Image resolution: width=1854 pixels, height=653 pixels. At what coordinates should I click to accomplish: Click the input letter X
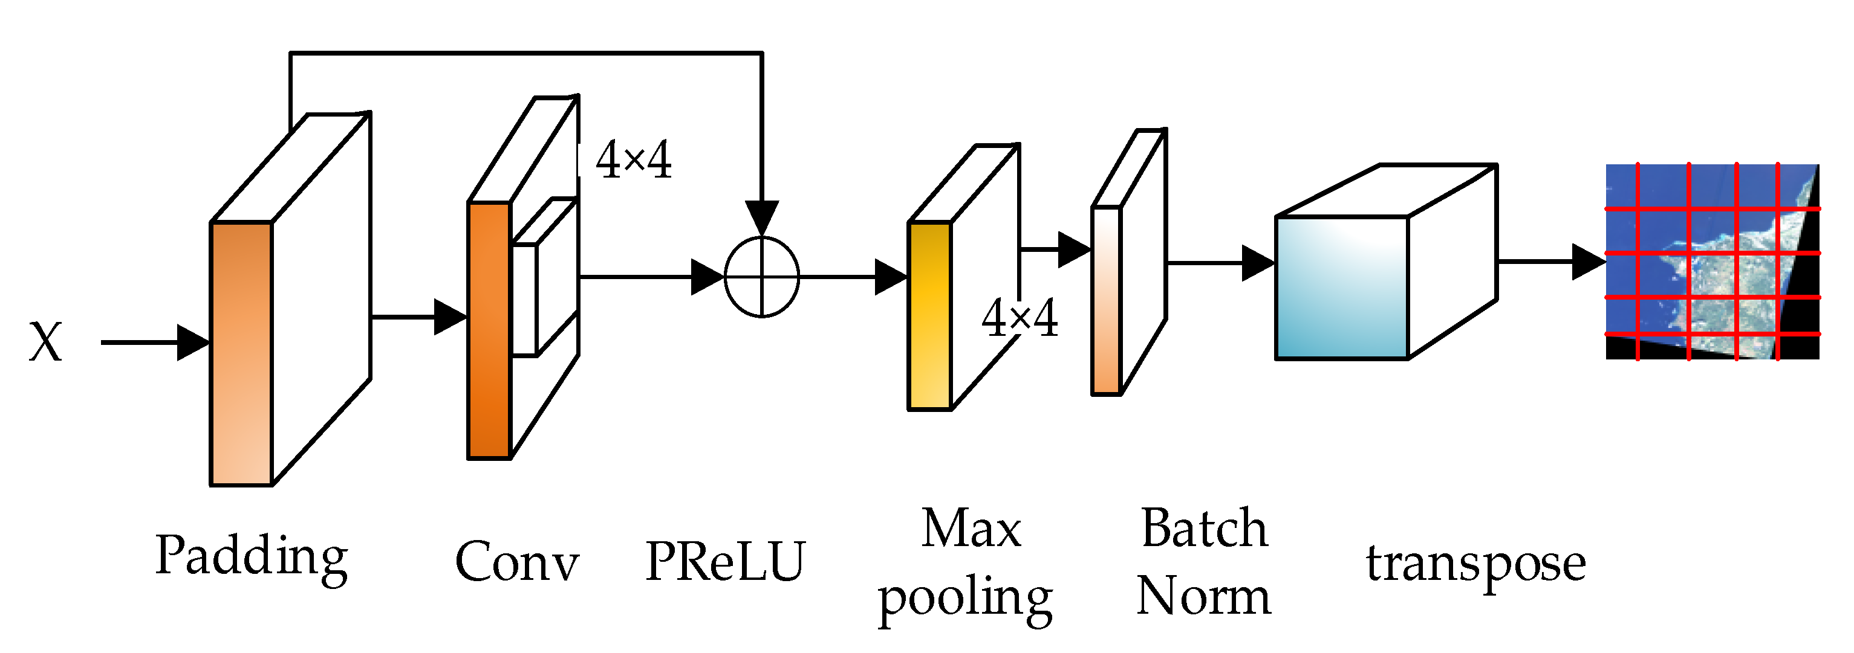click(x=45, y=343)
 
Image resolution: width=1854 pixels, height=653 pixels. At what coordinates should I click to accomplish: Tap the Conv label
click(x=517, y=562)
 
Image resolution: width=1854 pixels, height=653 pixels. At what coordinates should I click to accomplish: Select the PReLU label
click(x=725, y=562)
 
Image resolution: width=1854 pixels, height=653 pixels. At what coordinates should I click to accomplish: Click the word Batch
click(x=1204, y=529)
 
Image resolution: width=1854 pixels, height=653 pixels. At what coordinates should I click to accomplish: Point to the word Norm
click(x=1204, y=596)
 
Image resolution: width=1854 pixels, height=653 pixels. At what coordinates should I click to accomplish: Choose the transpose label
click(x=1476, y=563)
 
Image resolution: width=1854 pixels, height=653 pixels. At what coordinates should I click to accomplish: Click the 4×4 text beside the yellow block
click(x=1020, y=318)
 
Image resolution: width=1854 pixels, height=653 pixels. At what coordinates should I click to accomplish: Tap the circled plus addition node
click(x=761, y=277)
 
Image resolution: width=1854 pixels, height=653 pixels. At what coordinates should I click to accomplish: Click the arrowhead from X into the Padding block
click(x=193, y=343)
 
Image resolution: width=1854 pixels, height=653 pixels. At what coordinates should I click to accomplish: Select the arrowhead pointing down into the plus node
click(x=761, y=217)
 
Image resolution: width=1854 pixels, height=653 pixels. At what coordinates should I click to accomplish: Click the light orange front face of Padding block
click(x=241, y=354)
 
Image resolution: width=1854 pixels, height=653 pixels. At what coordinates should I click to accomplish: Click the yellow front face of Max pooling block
click(x=929, y=317)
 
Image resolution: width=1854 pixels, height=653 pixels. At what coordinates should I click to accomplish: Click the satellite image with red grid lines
click(x=1713, y=261)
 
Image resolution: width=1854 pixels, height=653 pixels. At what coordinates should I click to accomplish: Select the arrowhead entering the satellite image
click(x=1589, y=262)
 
